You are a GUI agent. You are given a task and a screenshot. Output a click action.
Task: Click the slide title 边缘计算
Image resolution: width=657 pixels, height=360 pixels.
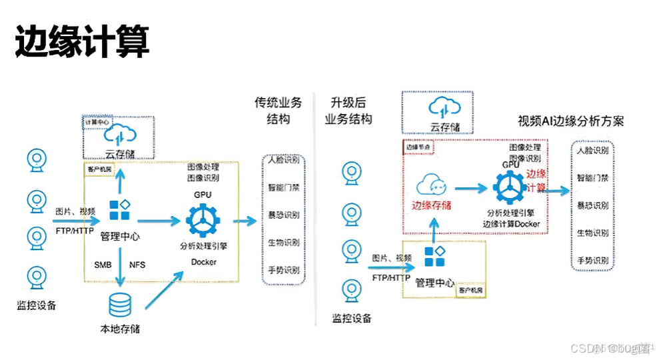click(x=81, y=41)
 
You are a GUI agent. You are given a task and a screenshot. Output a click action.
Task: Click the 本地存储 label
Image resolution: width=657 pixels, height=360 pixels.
click(x=120, y=329)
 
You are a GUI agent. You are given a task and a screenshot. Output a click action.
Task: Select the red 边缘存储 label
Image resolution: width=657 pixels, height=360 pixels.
click(x=432, y=205)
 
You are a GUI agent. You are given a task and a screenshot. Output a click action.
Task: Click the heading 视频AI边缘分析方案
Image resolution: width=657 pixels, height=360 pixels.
click(x=570, y=121)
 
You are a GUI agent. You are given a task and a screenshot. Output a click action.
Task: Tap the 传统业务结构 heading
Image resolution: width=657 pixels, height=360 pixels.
click(x=278, y=111)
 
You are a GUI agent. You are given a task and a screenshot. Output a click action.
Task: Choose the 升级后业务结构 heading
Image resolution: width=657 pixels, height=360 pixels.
click(x=348, y=111)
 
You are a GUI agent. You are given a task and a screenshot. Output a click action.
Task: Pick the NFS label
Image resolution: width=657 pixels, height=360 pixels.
click(x=137, y=265)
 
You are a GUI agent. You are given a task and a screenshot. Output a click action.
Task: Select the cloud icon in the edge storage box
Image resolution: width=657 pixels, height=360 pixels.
click(x=433, y=184)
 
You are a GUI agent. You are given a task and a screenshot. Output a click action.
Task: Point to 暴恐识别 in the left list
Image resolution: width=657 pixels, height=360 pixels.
click(x=284, y=215)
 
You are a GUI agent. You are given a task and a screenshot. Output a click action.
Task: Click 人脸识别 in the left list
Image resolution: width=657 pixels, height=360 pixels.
click(x=284, y=161)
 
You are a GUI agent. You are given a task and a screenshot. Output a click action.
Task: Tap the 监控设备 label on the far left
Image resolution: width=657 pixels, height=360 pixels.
click(x=37, y=305)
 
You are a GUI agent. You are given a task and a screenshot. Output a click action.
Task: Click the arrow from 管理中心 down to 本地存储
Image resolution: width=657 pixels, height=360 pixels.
click(x=120, y=267)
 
